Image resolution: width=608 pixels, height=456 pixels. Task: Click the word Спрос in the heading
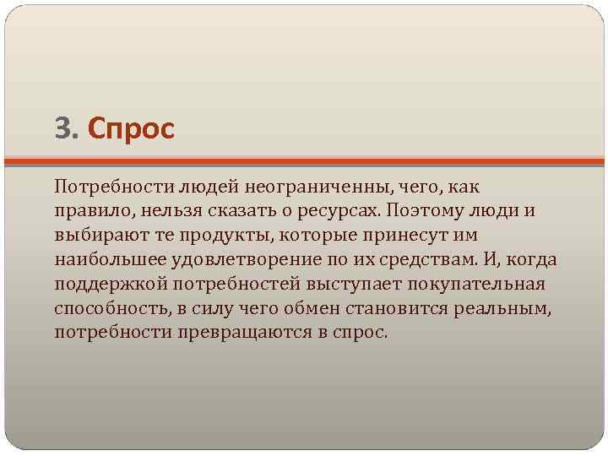[x=130, y=129]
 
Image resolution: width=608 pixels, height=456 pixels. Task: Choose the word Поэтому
[x=419, y=209]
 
